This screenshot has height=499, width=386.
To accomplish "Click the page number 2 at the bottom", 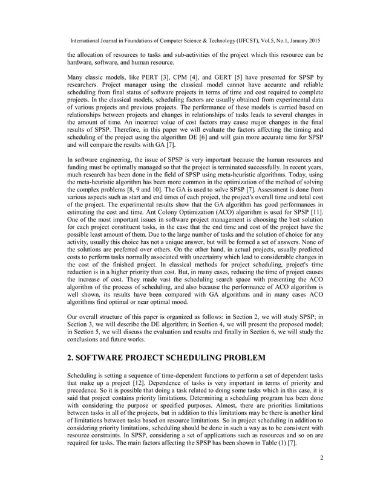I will coord(321,474).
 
